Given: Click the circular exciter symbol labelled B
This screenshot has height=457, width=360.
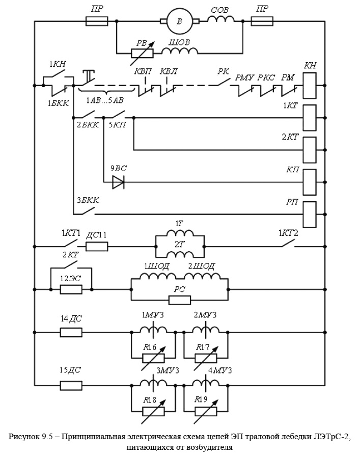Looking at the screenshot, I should point(179,21).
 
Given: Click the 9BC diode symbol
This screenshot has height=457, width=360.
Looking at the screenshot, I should point(118,182).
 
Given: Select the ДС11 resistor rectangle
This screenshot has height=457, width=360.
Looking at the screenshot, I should point(97,247).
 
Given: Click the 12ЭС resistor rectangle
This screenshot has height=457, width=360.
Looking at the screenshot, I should point(71,289).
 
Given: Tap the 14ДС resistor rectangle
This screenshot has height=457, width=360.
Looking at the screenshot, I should point(71,332).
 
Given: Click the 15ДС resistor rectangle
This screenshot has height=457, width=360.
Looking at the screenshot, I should point(71,386).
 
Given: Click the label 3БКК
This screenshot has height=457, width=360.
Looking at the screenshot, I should point(87,200).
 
